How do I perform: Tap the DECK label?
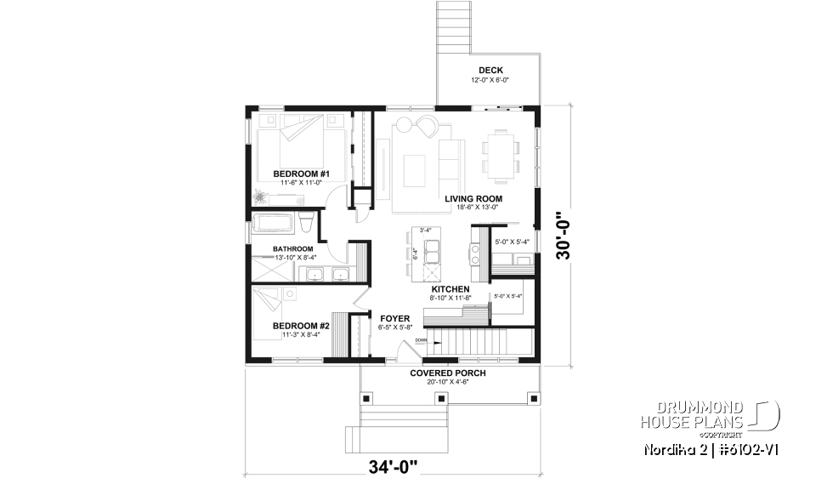point(490,71)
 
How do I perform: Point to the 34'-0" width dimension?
point(394,466)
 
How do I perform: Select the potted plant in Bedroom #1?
point(260,197)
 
